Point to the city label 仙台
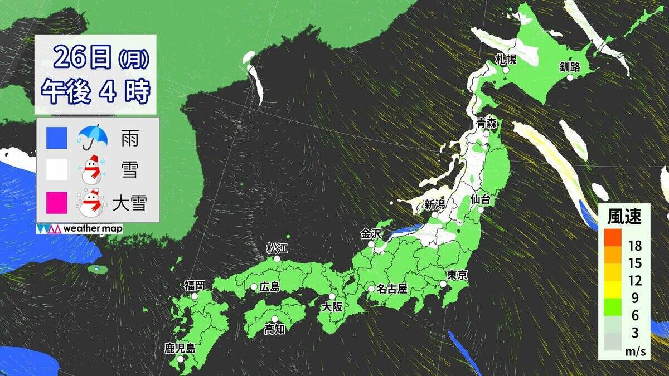click(x=480, y=198)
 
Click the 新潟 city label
click(x=434, y=204)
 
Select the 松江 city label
click(x=276, y=247)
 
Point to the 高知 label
click(x=275, y=329)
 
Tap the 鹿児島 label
click(x=180, y=349)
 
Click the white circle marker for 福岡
click(x=195, y=297)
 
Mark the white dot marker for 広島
click(x=254, y=287)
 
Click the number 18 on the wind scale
click(x=634, y=246)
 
